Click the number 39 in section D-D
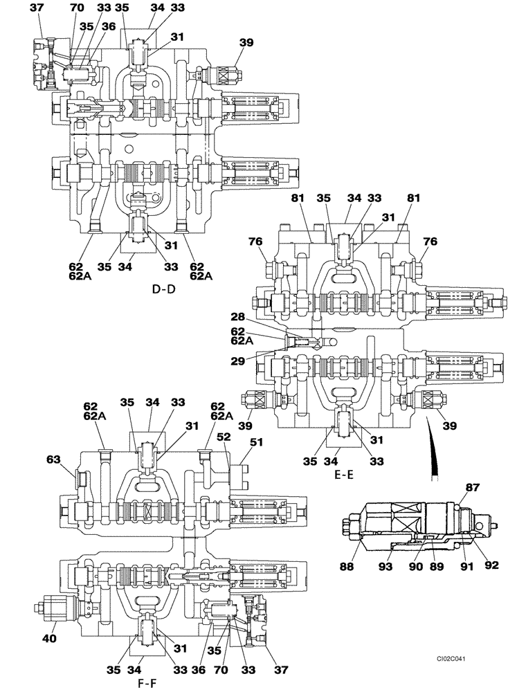tap(246, 43)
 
